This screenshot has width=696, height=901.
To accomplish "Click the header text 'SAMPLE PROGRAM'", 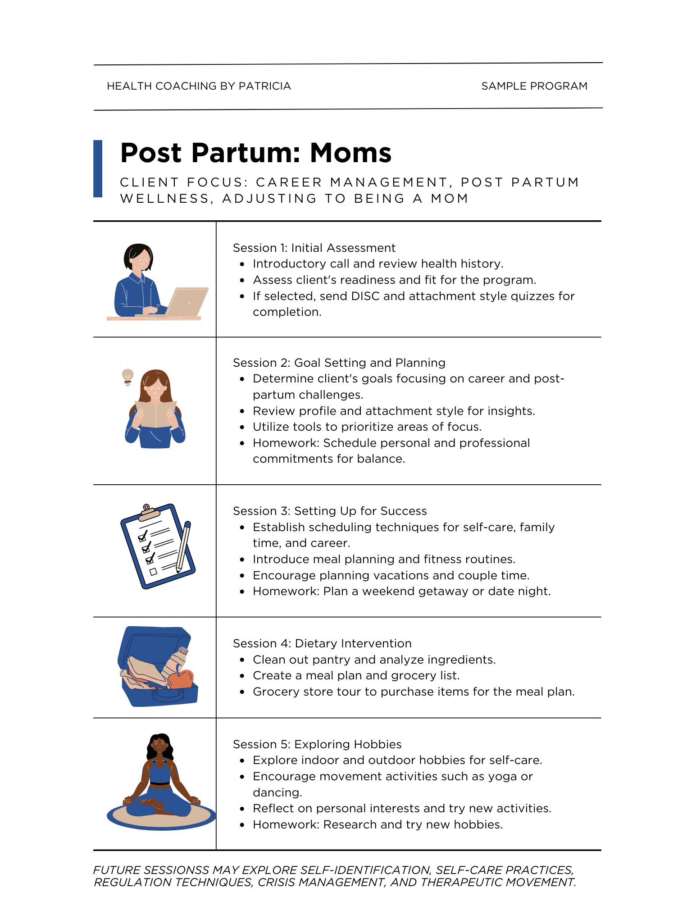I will coord(534,86).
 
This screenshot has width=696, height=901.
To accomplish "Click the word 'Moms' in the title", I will coord(350,153).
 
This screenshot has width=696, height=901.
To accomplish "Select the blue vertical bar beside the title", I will coord(98,168).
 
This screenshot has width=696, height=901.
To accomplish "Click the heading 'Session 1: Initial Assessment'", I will coord(314,248).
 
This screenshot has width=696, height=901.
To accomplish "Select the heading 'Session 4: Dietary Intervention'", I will coord(322,643).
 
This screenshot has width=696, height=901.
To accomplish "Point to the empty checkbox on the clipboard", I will coord(153,572).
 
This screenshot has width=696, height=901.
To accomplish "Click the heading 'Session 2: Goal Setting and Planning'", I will coord(339,363).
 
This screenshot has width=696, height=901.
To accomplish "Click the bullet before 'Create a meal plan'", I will coord(242,676).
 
